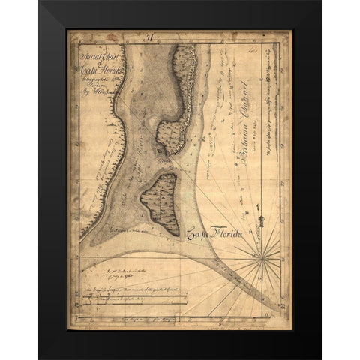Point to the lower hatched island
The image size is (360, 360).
pos(158,202)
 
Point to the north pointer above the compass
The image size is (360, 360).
pos(262,222)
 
